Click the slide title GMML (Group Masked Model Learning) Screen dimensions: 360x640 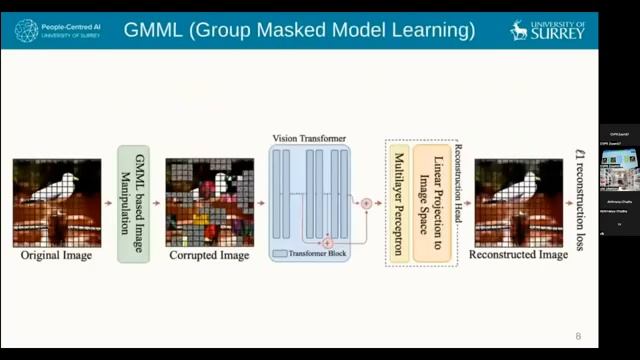(x=299, y=30)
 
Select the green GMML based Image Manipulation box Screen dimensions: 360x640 (x=133, y=204)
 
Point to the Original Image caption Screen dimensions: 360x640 (x=57, y=256)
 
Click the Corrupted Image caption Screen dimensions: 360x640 (x=208, y=256)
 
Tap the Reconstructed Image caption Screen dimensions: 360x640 (x=519, y=256)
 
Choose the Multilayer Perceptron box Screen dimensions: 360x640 (x=398, y=204)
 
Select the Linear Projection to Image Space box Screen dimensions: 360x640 (x=433, y=204)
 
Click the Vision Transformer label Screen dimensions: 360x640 (x=309, y=138)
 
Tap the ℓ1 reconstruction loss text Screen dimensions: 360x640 (x=581, y=201)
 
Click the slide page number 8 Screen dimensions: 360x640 (x=577, y=336)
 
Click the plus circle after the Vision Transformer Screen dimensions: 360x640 (x=366, y=203)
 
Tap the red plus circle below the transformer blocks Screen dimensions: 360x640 (x=326, y=242)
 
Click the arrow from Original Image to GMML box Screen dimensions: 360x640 (x=108, y=203)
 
